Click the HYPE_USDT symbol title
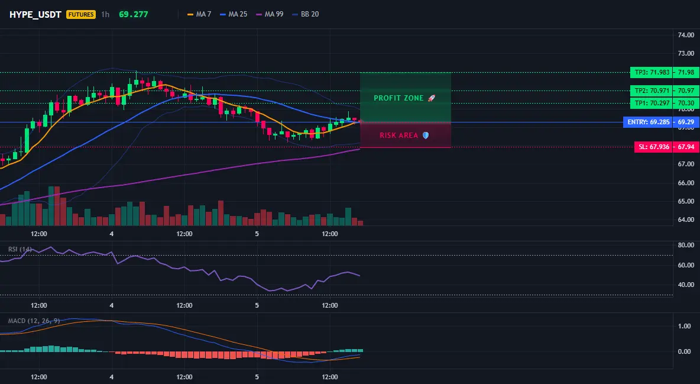click(35, 14)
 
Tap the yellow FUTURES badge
click(81, 14)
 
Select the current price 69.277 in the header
click(134, 14)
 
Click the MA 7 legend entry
click(199, 14)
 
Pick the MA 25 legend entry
click(234, 14)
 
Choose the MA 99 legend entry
click(269, 14)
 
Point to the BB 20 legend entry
click(305, 14)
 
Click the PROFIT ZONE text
click(398, 98)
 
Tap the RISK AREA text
click(398, 135)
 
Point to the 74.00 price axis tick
click(686, 35)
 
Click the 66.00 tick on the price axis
click(686, 183)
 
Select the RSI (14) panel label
click(20, 249)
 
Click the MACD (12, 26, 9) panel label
click(34, 321)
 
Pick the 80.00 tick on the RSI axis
click(686, 245)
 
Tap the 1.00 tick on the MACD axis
click(685, 327)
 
